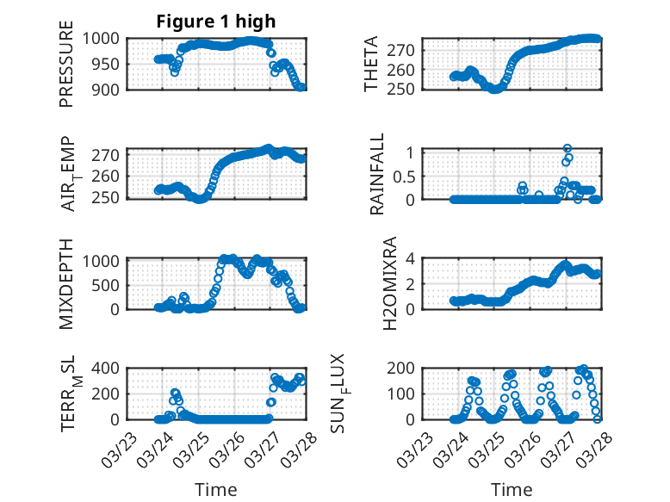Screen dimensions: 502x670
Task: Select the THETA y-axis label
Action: tap(372, 65)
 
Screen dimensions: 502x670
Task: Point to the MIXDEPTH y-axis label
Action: tap(66, 283)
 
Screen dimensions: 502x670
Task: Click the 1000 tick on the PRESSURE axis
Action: tap(106, 39)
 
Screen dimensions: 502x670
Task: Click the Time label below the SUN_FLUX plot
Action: tap(512, 490)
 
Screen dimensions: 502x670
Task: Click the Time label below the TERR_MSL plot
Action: tap(216, 490)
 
